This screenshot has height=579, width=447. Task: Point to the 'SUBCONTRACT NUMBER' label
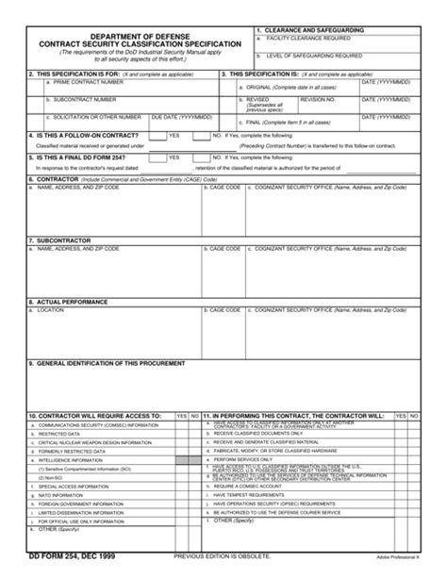pos(76,98)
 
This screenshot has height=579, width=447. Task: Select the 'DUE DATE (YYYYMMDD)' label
pos(182,116)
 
